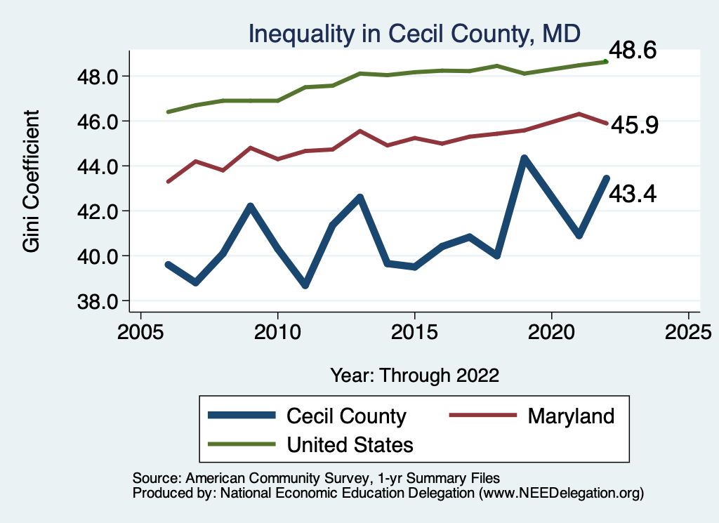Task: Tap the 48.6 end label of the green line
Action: pos(632,51)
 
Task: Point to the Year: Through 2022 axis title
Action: pos(414,375)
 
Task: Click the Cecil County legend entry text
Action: pos(346,416)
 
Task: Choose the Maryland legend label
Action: pos(570,416)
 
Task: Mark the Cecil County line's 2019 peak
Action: pos(524,159)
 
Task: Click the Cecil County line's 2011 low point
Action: pos(305,285)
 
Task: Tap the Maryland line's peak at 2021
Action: pos(579,114)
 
